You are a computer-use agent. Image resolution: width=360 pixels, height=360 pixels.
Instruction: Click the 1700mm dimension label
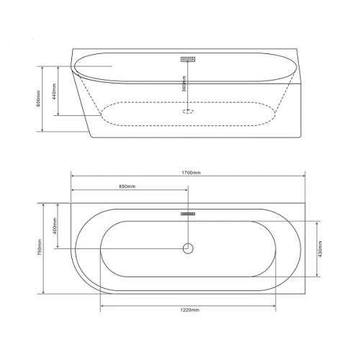[191, 173]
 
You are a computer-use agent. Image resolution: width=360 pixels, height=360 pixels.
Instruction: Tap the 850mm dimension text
[127, 186]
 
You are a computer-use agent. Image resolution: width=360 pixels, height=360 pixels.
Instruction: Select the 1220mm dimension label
[189, 310]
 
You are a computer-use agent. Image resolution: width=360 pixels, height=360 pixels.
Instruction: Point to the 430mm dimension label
[320, 249]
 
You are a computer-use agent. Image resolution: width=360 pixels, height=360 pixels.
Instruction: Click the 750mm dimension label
[40, 247]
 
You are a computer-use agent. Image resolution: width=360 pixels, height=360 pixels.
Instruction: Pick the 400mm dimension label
[55, 226]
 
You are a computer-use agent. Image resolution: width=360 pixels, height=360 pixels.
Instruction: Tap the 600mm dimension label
[39, 99]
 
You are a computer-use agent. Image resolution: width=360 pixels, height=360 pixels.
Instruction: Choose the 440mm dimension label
[54, 91]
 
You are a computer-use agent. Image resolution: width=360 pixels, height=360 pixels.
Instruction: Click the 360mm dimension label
[184, 84]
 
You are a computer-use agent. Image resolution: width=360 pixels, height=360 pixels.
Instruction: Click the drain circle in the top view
[188, 243]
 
